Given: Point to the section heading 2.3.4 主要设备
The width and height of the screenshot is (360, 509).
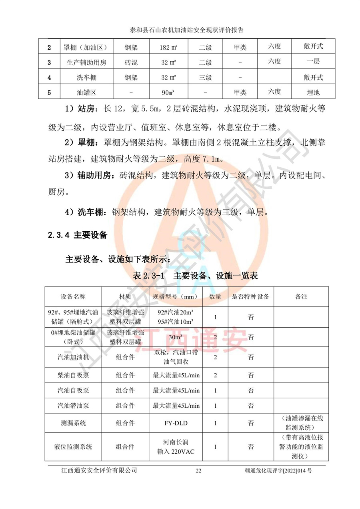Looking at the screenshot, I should coord(78,235).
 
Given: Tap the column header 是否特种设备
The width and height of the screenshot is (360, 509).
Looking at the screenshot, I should coord(251,297).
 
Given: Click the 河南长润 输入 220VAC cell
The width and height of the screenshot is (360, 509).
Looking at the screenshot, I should coord(176,447).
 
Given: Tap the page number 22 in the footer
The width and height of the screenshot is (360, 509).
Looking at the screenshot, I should coord(198,471).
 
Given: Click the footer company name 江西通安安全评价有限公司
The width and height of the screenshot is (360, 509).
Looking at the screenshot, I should coord(97,471).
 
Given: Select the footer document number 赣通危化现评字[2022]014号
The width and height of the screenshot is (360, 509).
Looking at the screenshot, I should coord(278,471).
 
